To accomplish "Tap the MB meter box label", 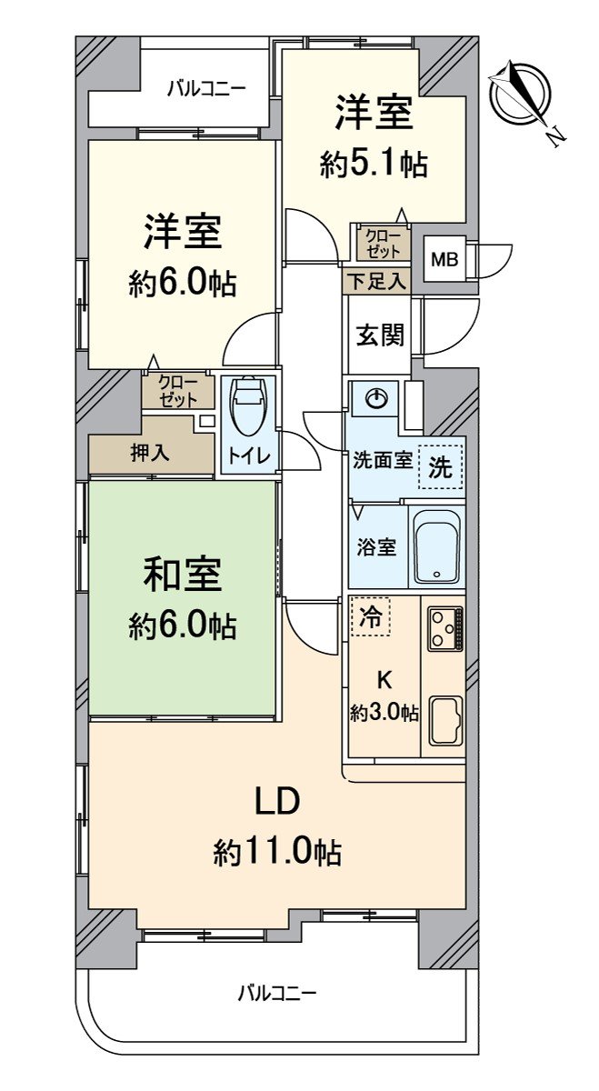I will pyautogui.click(x=444, y=259).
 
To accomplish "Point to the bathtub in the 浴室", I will pyautogui.click(x=437, y=547).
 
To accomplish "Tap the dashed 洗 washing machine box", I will pyautogui.click(x=440, y=467).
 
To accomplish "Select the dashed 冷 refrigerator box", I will pyautogui.click(x=371, y=616).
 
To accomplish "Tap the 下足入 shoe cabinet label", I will pyautogui.click(x=376, y=281).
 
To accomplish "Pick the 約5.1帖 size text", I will pyautogui.click(x=374, y=165).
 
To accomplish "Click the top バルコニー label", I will pyautogui.click(x=205, y=89).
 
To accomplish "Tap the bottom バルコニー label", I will pyautogui.click(x=277, y=993).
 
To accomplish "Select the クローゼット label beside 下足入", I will pyautogui.click(x=382, y=243).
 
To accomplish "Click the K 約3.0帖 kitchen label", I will pyautogui.click(x=384, y=696).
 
